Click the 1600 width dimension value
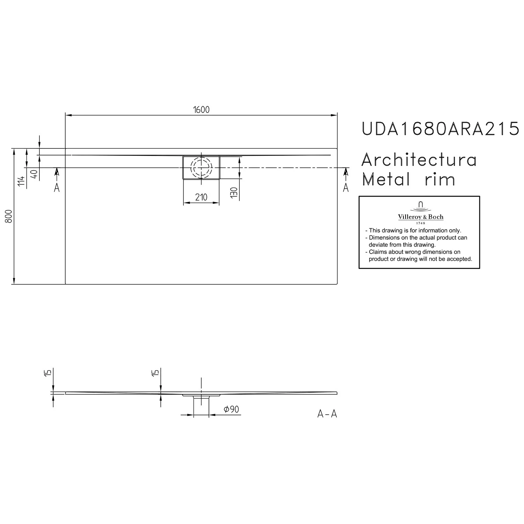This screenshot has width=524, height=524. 201,110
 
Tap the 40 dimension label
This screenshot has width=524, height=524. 35,174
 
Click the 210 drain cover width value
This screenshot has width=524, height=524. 201,197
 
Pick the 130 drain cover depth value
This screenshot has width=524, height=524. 234,193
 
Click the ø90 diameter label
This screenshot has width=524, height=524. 231,409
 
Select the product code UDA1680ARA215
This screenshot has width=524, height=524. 441,129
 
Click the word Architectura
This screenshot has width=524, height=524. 419,160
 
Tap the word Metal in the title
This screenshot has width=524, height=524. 386,180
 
